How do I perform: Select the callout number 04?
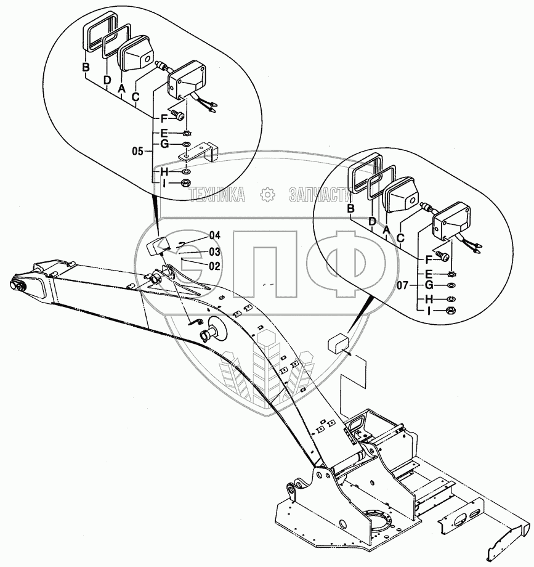pyautogui.click(x=214, y=235)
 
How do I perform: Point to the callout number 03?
pyautogui.click(x=214, y=251)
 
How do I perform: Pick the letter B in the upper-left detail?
pyautogui.click(x=86, y=67)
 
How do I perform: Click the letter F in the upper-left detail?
pyautogui.click(x=163, y=117)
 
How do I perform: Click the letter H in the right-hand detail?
pyautogui.click(x=430, y=299)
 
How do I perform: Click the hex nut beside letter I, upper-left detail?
pyautogui.click(x=185, y=183)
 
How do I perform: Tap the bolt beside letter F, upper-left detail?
pyautogui.click(x=178, y=115)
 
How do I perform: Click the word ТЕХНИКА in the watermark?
pyautogui.click(x=217, y=195)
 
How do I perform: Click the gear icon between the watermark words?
pyautogui.click(x=267, y=195)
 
